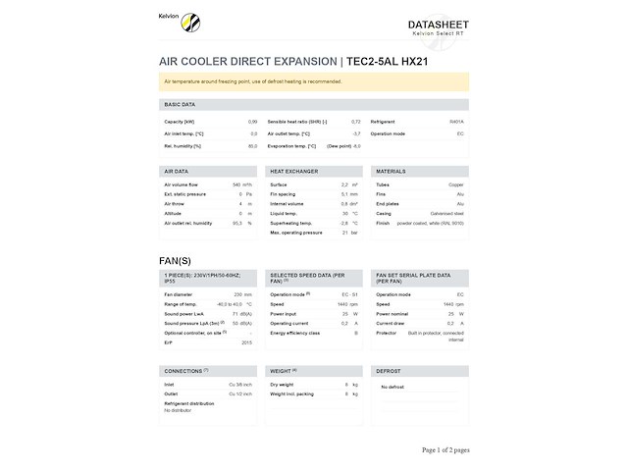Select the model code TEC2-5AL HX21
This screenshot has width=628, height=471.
point(388,62)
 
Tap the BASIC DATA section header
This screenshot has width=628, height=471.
point(180,104)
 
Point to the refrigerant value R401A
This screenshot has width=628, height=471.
point(456,121)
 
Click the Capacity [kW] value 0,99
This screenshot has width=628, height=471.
point(252,121)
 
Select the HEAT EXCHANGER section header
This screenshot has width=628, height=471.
point(293,171)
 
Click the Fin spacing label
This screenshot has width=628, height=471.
point(286,193)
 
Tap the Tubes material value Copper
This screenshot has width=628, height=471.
point(456,184)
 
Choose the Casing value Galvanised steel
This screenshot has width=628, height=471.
point(446,213)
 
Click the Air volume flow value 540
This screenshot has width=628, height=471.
point(235,184)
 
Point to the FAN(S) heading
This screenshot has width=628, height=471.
point(178,260)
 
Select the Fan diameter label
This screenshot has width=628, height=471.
point(180,294)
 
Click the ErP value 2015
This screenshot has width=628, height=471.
point(246,342)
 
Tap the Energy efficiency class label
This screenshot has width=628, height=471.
point(295,333)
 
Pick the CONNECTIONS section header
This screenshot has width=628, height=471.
point(183,371)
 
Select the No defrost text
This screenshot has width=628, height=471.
point(392,387)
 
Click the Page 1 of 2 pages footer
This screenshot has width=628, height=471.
point(445,449)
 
